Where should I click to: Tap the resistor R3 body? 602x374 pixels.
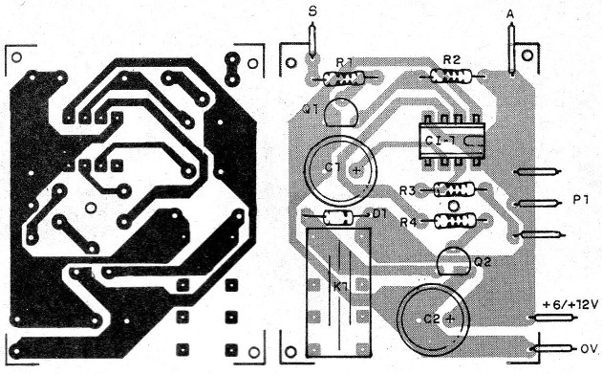pyautogui.click(x=454, y=190)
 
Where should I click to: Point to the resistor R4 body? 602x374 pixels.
pyautogui.click(x=454, y=222)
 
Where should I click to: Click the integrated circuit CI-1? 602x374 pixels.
pyautogui.click(x=445, y=141)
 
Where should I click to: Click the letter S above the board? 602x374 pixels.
pyautogui.click(x=312, y=10)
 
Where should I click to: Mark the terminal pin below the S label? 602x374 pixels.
pyautogui.click(x=312, y=42)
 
